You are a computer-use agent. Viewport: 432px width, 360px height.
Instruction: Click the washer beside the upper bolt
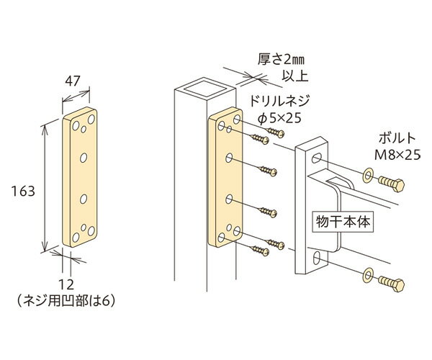(x=369, y=176)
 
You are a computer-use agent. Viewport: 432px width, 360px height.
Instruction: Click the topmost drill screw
(x=275, y=132)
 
